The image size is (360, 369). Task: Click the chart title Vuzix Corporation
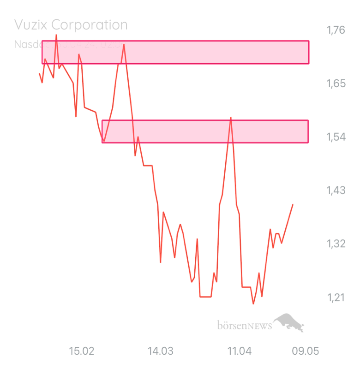pos(71,24)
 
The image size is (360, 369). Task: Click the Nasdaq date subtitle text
pos(71,44)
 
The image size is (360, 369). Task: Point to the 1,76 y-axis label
pos(336,30)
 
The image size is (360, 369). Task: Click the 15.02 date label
pos(81,351)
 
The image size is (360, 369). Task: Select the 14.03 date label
pos(160,351)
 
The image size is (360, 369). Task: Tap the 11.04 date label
pos(239,351)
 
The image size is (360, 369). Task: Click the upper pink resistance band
pos(175,52)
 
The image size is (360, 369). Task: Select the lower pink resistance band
pos(205,131)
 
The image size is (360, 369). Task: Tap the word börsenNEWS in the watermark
pos(244,326)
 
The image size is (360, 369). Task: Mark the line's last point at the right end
pos(293,204)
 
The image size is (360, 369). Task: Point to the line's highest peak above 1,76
pos(56,35)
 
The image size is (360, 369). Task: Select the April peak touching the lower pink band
pos(231,118)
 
